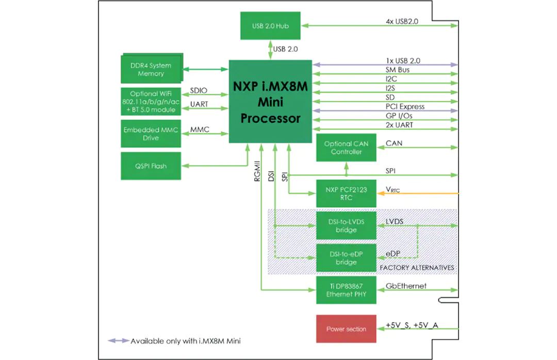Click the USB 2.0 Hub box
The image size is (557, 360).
[x=270, y=26]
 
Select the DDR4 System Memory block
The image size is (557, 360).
[x=152, y=69]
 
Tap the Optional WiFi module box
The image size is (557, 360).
[x=151, y=102]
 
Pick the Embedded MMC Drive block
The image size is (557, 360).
[x=151, y=134]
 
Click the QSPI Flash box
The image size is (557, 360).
[x=151, y=166]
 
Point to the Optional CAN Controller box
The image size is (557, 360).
[x=346, y=148]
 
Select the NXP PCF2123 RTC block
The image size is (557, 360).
[x=346, y=193]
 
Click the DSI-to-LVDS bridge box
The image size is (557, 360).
[x=346, y=226]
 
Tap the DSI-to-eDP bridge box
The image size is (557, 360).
[x=346, y=258]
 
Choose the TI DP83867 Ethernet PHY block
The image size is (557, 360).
[x=346, y=290]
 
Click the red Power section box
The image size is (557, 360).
[x=346, y=329]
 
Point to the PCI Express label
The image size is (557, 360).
[x=405, y=107]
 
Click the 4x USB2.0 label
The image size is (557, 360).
[x=402, y=21]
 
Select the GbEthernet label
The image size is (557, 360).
[x=406, y=286]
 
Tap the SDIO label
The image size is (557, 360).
[x=199, y=90]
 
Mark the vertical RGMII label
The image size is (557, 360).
[x=257, y=171]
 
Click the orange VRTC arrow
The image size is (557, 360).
[x=418, y=193]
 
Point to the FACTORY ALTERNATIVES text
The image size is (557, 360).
[x=417, y=268]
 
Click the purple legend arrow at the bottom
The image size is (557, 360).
[x=119, y=341]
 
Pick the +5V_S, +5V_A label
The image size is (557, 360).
[x=412, y=325]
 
